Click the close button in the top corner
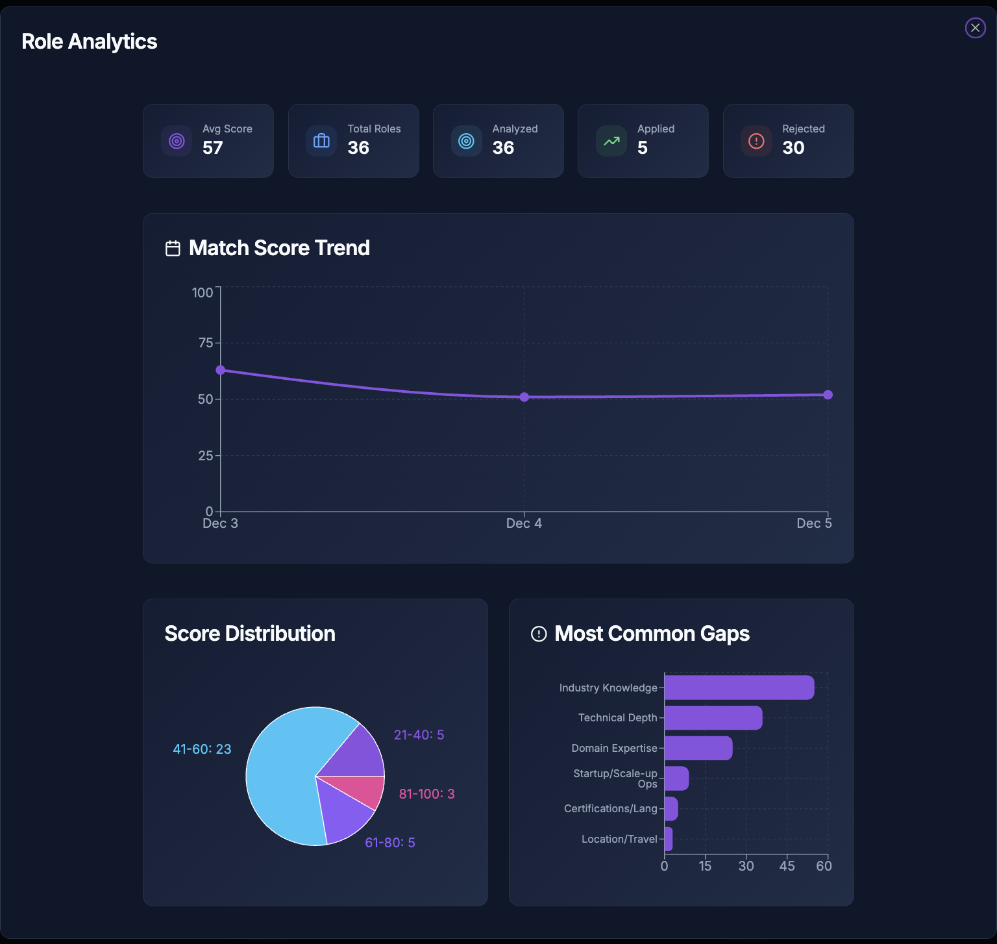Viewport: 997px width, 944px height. [x=975, y=28]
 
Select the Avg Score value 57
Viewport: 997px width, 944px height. [x=212, y=148]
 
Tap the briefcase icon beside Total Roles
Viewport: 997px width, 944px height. [x=321, y=141]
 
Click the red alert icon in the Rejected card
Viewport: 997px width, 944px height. [x=756, y=141]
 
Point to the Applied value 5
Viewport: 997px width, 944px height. [x=643, y=148]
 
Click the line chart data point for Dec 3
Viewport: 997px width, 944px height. [x=221, y=370]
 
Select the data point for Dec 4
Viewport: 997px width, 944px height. [x=524, y=397]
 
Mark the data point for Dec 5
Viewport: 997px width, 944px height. [x=828, y=395]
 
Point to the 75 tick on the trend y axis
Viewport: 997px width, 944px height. [x=206, y=343]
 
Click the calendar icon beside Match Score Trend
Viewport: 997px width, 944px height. [x=173, y=249]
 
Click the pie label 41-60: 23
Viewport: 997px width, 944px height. [x=202, y=749]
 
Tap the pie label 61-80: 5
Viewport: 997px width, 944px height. [x=389, y=843]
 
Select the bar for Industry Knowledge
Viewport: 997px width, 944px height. [x=739, y=688]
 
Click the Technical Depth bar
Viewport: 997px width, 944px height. [x=713, y=717]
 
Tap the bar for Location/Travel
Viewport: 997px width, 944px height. [x=669, y=839]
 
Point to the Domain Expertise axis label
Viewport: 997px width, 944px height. [x=614, y=748]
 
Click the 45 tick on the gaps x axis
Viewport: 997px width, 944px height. [x=787, y=866]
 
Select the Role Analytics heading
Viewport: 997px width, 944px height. [x=90, y=42]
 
